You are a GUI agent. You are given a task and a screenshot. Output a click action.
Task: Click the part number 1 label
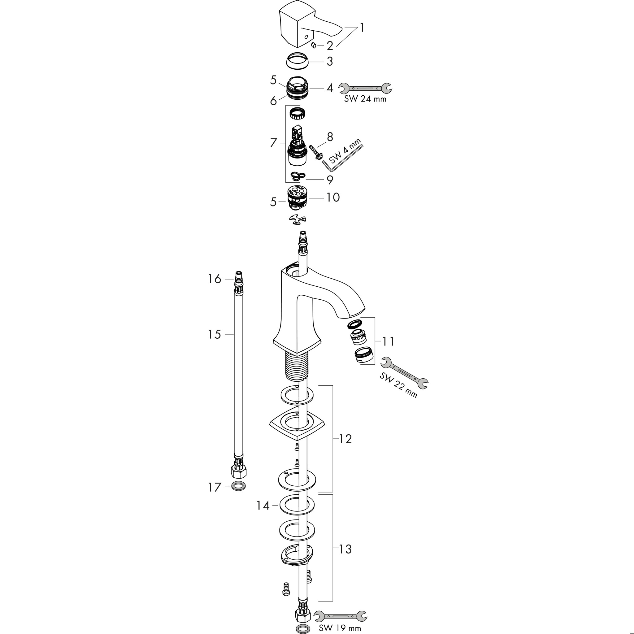pyautogui.click(x=362, y=28)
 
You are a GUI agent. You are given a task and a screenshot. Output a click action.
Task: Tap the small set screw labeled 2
pyautogui.click(x=313, y=45)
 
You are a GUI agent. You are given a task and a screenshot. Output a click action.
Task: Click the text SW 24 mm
pyautogui.click(x=365, y=99)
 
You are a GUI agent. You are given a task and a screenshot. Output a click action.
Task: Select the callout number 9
pyautogui.click(x=329, y=180)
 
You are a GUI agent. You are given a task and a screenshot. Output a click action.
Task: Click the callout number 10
pyautogui.click(x=333, y=197)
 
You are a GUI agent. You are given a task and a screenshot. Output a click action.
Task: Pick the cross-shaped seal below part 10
pyautogui.click(x=297, y=219)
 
